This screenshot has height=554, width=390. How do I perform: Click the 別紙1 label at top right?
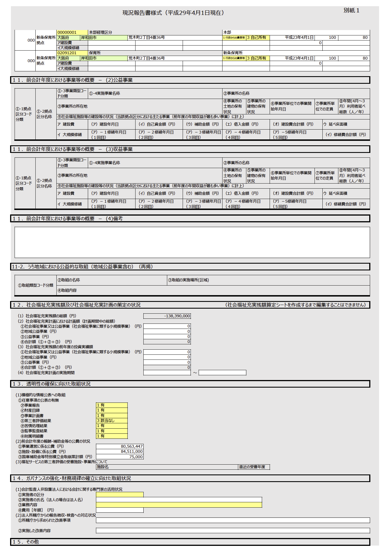point(351,10)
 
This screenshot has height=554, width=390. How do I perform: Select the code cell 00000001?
point(67,32)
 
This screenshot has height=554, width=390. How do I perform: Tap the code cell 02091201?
point(67,53)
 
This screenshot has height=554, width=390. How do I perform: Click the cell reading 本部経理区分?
point(100,32)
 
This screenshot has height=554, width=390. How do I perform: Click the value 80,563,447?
point(132,446)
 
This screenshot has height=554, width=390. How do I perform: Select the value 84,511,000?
point(132,451)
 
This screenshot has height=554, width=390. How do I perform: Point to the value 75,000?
point(136,457)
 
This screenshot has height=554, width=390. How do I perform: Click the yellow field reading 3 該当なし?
point(112,420)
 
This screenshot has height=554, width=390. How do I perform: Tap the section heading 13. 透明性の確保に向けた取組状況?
point(52,384)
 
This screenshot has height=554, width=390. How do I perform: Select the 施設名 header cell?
point(103,467)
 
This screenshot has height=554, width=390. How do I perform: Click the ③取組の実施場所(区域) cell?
point(189,280)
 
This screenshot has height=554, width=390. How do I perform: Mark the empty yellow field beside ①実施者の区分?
point(120,495)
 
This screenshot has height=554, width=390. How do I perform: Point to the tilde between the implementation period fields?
point(195,373)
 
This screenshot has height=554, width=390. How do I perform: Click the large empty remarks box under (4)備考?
point(192,242)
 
